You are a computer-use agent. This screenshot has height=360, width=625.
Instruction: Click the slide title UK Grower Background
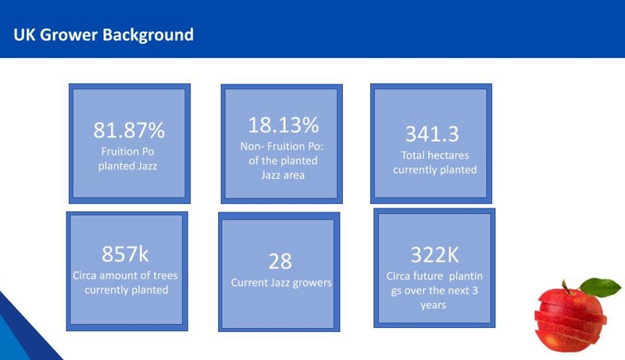point(104,35)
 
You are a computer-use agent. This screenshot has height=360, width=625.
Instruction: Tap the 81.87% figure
point(129,130)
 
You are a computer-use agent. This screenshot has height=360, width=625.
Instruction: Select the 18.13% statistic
point(283,125)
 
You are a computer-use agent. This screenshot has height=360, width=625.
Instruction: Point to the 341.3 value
point(432,134)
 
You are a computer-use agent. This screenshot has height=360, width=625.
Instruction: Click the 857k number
point(125,254)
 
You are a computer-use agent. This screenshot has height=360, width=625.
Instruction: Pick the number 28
point(280,262)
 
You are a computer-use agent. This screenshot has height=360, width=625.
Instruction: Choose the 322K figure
point(434,255)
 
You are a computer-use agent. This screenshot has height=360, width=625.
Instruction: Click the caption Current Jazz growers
point(281,283)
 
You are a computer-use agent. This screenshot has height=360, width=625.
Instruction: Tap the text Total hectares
point(434,155)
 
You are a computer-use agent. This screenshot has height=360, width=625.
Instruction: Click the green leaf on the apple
point(600,287)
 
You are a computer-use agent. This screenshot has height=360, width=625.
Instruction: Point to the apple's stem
point(565,287)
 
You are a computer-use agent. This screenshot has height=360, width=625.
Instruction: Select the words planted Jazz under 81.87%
point(127,166)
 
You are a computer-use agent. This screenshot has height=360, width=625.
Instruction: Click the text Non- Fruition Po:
point(282,146)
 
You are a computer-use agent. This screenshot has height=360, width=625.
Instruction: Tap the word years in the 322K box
point(433,305)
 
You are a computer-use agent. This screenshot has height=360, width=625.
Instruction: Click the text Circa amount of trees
point(125,275)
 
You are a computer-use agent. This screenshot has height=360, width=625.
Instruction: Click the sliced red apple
point(572,316)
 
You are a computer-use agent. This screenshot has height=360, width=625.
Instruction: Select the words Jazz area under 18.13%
point(283,175)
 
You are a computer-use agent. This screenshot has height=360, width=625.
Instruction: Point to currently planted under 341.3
point(435,170)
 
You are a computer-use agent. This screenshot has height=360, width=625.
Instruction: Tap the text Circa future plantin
point(434,276)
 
